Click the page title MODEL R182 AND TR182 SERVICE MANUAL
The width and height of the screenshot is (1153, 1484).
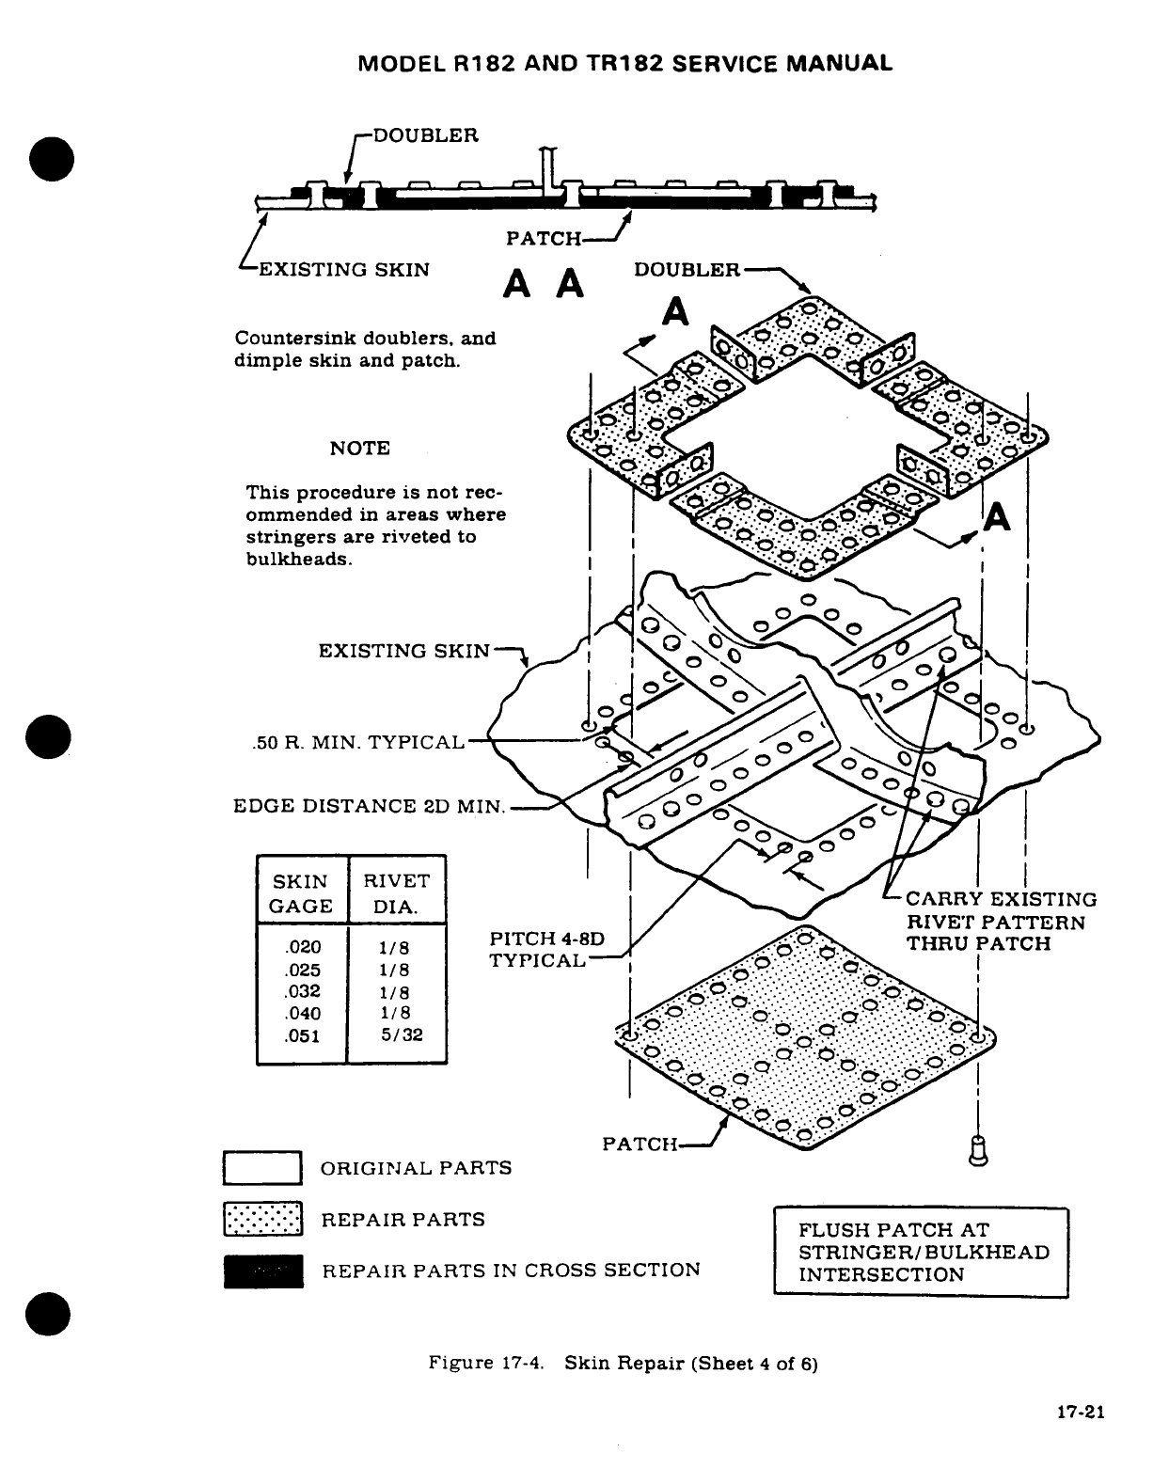coord(624,64)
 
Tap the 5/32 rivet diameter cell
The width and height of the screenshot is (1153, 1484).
coord(402,1035)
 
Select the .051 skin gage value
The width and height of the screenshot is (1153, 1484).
coord(302,1035)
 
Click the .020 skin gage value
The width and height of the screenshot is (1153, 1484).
coord(302,948)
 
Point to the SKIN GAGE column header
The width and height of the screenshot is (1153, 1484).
coord(302,893)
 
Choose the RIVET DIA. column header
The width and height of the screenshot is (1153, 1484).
coord(396,893)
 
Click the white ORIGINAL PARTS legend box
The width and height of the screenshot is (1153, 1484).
coord(262,1168)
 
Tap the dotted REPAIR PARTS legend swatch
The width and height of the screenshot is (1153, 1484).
coord(262,1220)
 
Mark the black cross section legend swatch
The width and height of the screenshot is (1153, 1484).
coord(262,1271)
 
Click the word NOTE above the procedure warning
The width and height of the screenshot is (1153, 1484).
coord(359,449)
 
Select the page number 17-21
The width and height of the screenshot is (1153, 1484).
coord(1078,1413)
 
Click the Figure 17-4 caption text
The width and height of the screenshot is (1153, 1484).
coord(623,1364)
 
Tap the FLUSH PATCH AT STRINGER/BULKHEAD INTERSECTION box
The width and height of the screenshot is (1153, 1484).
coord(921,1252)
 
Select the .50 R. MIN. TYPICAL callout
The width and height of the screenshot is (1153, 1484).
coord(358,742)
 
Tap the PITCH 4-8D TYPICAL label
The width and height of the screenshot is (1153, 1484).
coord(545,949)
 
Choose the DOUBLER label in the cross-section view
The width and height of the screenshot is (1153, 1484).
coord(426,134)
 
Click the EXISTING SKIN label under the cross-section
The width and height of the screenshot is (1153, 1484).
coord(343,270)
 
